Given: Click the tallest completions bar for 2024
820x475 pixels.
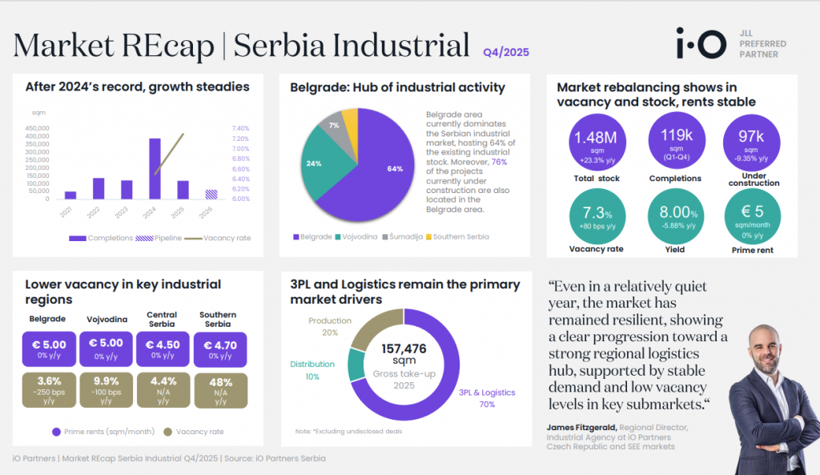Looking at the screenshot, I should [x=155, y=168].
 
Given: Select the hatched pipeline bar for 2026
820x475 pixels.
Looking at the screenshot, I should [x=211, y=194].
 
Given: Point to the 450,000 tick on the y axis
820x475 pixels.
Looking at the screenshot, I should [x=38, y=127].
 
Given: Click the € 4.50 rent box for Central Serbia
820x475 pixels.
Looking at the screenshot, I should [x=163, y=349].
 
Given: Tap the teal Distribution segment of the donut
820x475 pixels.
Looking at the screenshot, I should [x=357, y=364].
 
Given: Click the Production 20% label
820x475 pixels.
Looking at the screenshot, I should [x=329, y=326].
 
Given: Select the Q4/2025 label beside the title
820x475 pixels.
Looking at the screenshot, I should [x=505, y=52].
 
